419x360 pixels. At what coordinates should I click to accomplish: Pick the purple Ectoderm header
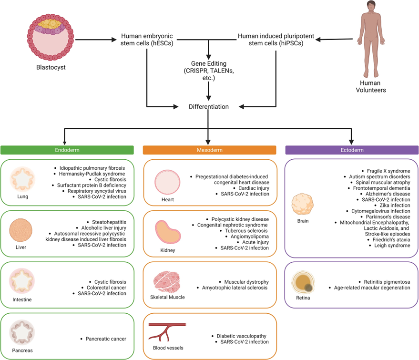click(351, 150)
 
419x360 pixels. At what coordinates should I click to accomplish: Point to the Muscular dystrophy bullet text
click(244, 282)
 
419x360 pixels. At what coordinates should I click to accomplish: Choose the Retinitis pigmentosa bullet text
click(383, 281)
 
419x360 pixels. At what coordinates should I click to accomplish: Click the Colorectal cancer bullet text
click(106, 287)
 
